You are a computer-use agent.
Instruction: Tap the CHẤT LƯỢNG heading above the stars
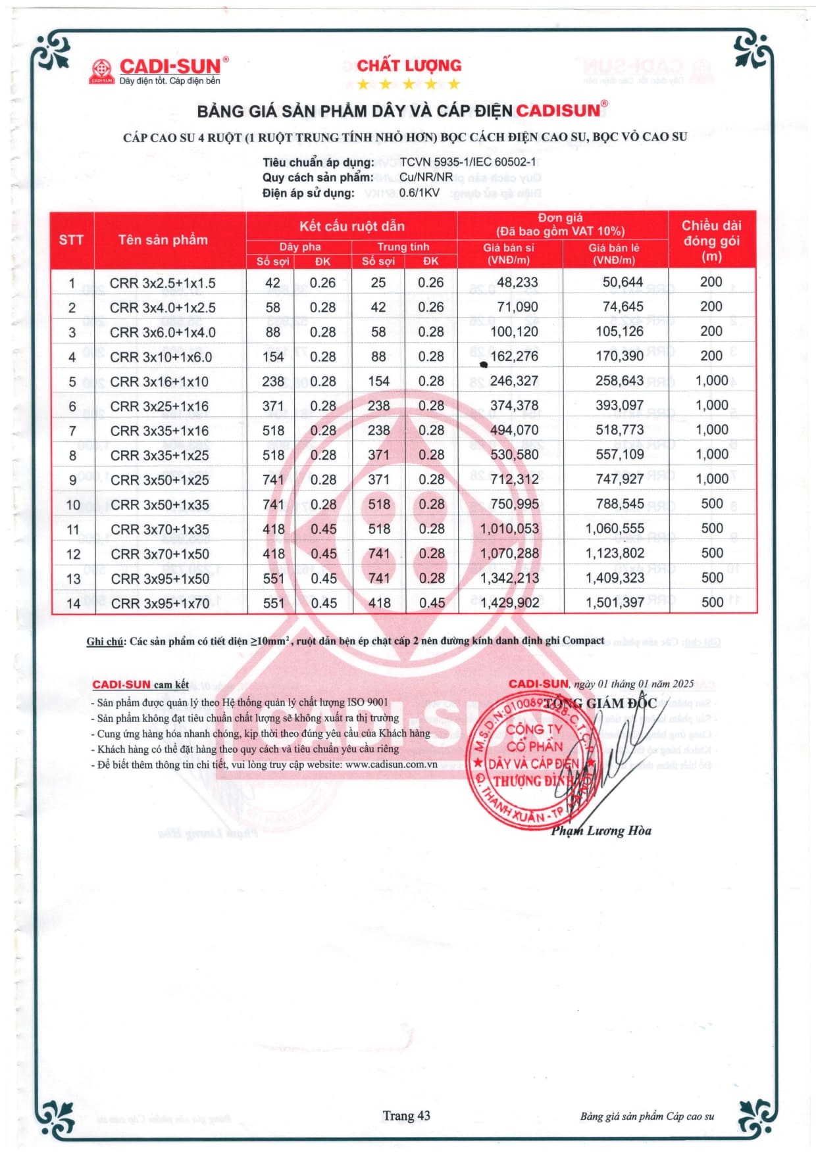point(409,66)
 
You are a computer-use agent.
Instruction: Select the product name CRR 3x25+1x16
point(159,406)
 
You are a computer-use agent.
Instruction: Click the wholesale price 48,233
point(517,282)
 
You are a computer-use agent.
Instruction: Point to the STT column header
point(71,240)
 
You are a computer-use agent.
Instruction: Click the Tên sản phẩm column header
point(163,240)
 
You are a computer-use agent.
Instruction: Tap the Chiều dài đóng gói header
point(711,241)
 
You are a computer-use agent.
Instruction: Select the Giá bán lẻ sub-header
point(613,254)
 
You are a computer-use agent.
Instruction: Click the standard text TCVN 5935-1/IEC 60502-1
point(463,162)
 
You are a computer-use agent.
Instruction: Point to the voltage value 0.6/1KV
point(419,193)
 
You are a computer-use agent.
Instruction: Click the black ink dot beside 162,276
point(484,364)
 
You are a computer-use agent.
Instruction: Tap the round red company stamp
point(532,763)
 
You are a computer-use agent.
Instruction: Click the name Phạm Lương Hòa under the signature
point(601,831)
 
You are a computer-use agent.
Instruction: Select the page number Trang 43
point(406,1115)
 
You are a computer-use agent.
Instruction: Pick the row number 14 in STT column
point(73,604)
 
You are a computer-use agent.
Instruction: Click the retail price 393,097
point(619,406)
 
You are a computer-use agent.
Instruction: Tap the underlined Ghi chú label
point(105,641)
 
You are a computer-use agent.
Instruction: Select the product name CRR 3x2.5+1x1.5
point(163,283)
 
